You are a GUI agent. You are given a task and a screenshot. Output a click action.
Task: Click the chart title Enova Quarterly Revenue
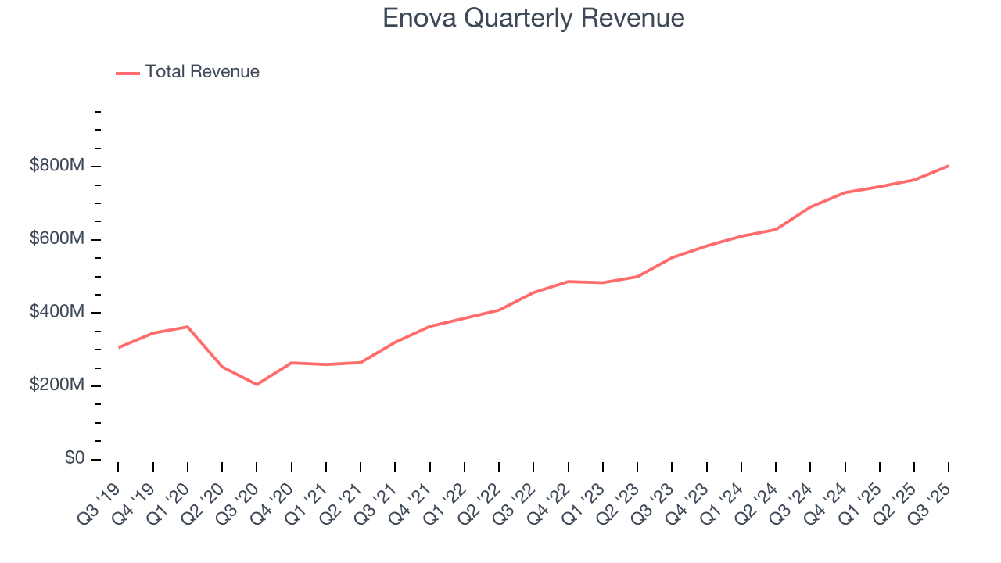533,17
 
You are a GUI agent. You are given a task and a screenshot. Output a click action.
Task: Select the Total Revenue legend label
202,72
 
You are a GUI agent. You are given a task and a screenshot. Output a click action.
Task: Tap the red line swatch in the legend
127,73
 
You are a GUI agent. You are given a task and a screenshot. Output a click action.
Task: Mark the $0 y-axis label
74,458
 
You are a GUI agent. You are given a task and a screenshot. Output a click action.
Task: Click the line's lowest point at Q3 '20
257,385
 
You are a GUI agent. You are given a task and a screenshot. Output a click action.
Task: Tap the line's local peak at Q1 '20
188,327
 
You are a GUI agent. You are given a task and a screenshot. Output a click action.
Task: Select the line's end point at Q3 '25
948,166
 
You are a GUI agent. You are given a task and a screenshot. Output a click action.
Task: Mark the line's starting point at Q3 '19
119,347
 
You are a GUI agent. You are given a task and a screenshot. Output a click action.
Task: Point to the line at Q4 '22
568,281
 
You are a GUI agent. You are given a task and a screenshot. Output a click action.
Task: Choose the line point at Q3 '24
810,207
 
